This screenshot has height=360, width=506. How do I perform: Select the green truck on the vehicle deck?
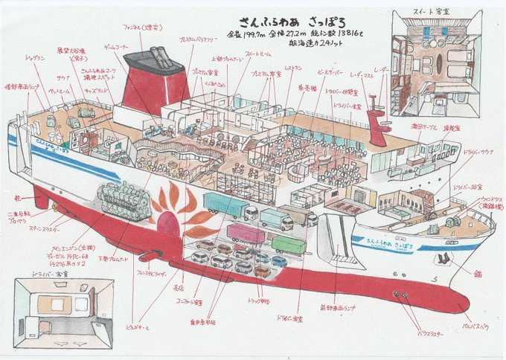click(x=289, y=243)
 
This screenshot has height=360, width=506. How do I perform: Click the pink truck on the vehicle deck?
click(x=245, y=234)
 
